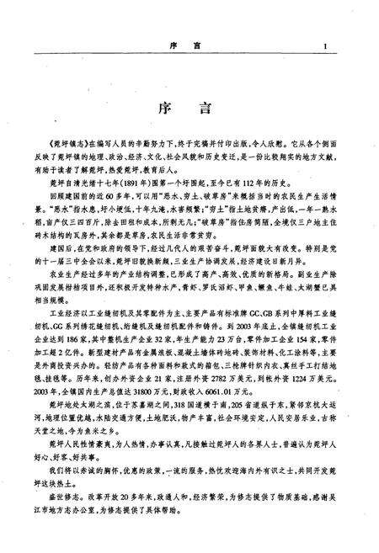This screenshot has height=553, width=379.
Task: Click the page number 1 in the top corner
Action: point(324,48)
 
